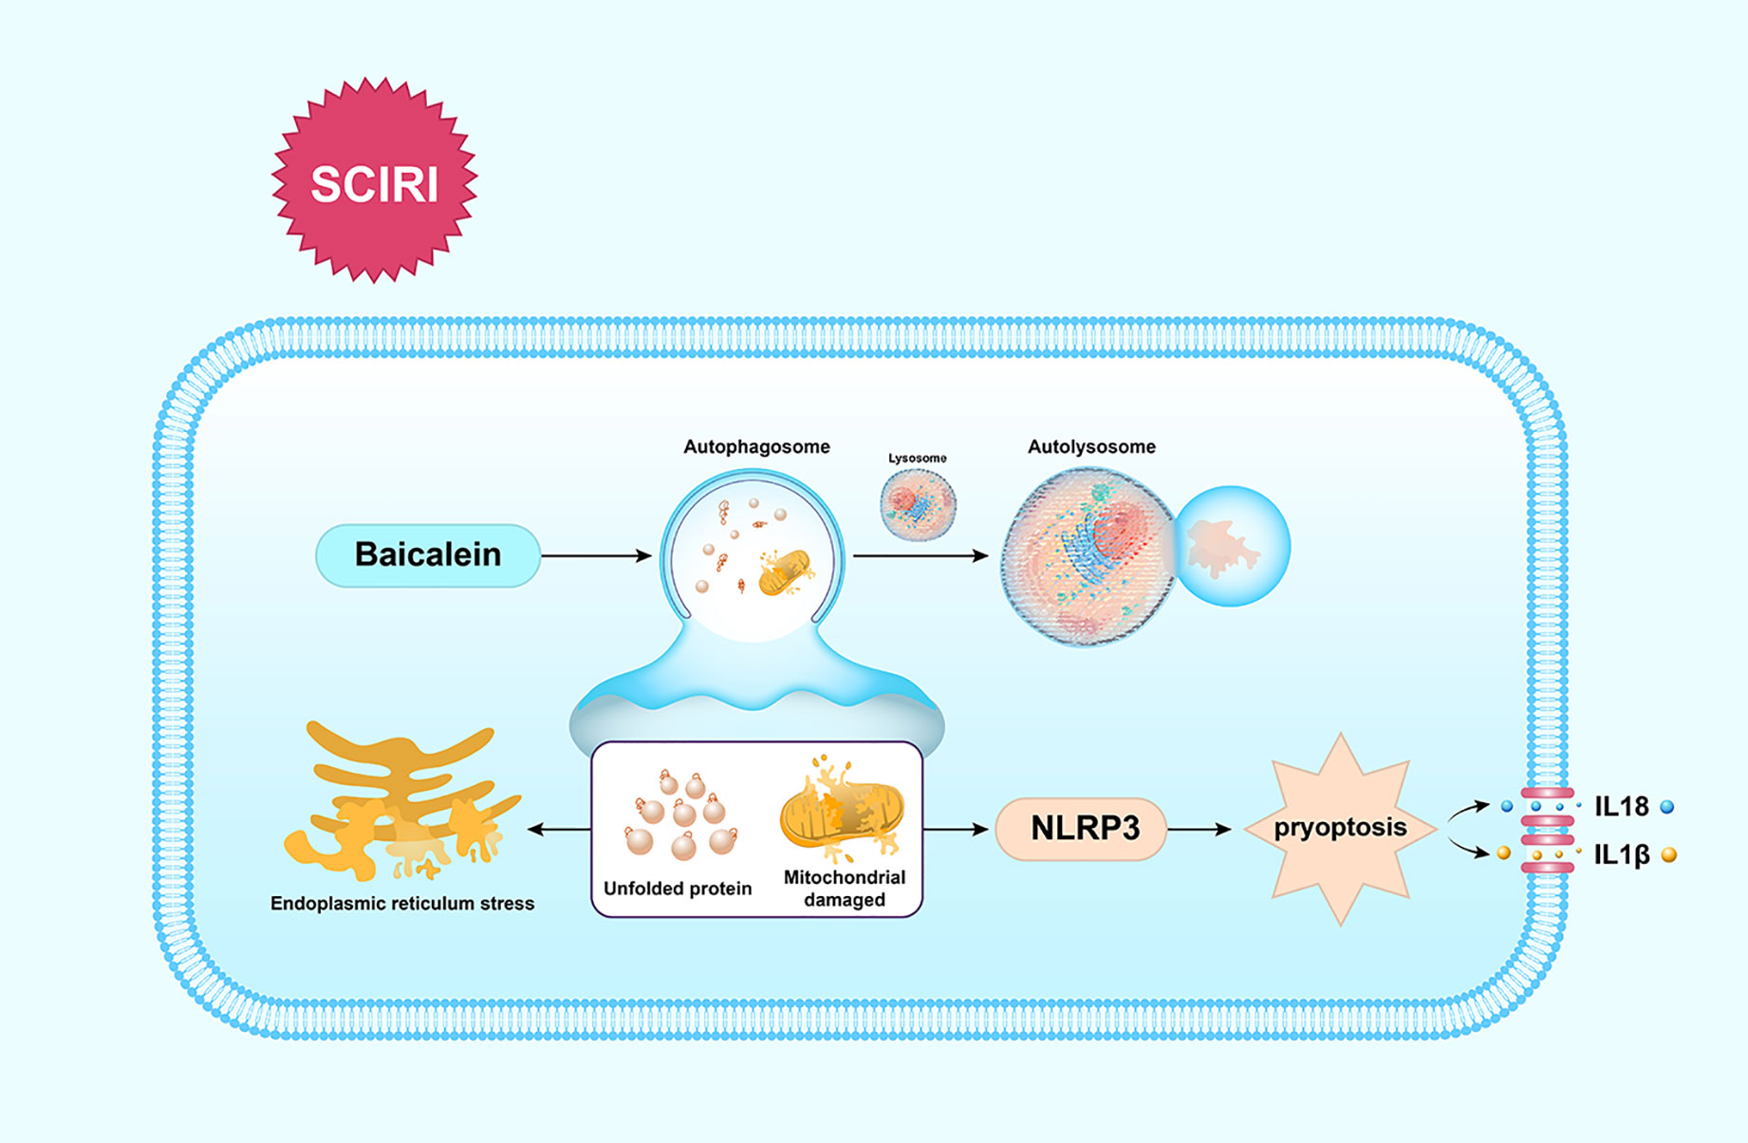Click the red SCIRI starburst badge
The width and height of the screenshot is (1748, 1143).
(375, 180)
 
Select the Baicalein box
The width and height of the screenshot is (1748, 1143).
(428, 555)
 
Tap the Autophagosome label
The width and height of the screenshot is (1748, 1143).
(756, 447)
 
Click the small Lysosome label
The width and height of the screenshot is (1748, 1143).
(918, 458)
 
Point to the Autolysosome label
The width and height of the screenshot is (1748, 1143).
(1091, 447)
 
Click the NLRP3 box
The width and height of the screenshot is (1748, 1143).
(1081, 829)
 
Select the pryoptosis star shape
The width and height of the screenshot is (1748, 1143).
(1340, 829)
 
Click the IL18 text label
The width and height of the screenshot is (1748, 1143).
(1622, 807)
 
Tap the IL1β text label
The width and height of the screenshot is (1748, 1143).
(1622, 855)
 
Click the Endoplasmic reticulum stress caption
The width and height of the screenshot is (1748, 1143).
(402, 904)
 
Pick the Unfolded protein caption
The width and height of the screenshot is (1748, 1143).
(678, 889)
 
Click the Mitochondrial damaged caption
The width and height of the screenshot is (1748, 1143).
(845, 889)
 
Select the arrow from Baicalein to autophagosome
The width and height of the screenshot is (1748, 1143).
(596, 555)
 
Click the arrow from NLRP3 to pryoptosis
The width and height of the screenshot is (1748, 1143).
(1199, 830)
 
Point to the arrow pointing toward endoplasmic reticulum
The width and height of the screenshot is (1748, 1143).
(559, 830)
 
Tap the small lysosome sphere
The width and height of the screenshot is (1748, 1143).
(918, 505)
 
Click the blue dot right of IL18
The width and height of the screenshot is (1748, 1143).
(1667, 807)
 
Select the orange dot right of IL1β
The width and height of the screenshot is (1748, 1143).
(1669, 855)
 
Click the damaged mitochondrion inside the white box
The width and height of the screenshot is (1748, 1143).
(842, 812)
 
